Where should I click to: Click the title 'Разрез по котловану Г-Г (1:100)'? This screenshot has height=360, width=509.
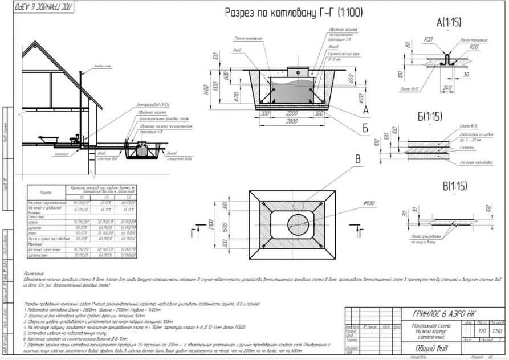click(x=293, y=12)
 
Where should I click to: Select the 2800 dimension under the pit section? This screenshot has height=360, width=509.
click(x=292, y=121)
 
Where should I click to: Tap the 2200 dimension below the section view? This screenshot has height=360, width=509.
click(x=292, y=113)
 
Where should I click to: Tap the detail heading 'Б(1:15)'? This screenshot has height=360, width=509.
click(x=430, y=117)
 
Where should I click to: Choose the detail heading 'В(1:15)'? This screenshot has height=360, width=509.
click(x=454, y=186)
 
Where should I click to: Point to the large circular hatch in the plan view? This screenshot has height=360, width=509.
click(x=296, y=222)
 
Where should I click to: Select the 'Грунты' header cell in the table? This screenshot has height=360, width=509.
click(x=46, y=192)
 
